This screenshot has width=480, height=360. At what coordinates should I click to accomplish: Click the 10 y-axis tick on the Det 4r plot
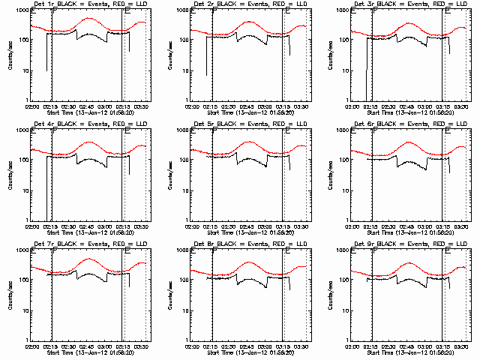click(x=22, y=190)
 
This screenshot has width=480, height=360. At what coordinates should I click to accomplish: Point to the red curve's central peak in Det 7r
click(x=88, y=259)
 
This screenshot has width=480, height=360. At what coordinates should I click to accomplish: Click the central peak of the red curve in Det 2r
click(x=249, y=21)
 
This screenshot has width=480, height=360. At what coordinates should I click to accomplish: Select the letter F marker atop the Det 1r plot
click(x=54, y=13)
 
